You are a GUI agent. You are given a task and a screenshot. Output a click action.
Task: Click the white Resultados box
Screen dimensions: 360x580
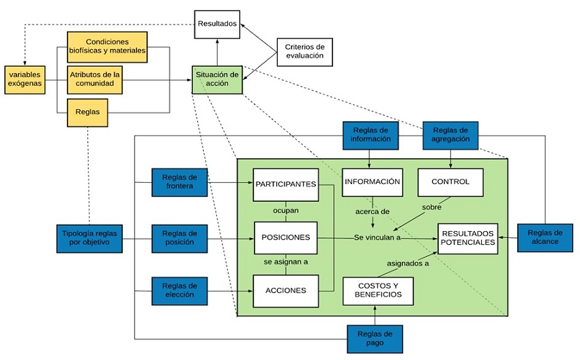[217, 24]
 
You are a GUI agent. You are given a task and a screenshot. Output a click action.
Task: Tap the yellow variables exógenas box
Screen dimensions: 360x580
[24, 79]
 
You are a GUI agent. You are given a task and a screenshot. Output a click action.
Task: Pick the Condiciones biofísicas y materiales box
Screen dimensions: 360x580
[107, 47]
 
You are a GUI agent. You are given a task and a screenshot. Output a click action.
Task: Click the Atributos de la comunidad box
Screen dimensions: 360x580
[96, 79]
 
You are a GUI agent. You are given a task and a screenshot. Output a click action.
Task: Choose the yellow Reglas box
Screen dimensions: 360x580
[87, 112]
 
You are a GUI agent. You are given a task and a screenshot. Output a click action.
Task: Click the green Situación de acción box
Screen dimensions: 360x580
[217, 79]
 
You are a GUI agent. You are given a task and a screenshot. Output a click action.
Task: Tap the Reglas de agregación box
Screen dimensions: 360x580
[450, 134]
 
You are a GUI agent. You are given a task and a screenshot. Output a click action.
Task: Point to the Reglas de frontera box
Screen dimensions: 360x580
[179, 181]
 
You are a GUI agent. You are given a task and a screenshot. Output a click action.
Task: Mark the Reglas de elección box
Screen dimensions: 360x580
[179, 290]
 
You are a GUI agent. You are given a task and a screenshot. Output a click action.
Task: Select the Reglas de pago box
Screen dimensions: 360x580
[374, 338]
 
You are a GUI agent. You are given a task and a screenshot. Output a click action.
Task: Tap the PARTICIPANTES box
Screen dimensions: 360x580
[285, 184]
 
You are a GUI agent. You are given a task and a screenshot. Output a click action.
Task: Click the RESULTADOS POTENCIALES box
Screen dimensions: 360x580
[467, 238]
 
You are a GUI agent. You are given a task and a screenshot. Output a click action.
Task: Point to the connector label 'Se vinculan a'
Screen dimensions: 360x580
[377, 237]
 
